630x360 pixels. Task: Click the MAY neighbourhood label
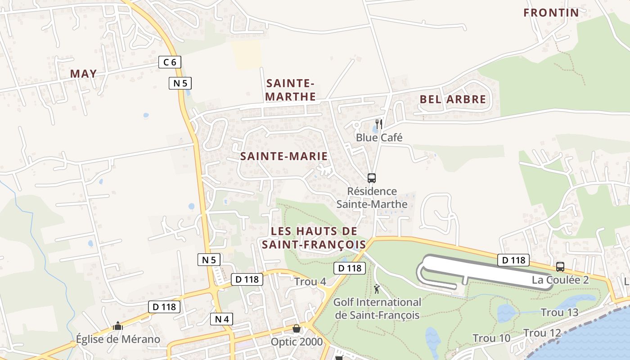84,74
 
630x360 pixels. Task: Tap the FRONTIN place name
551,13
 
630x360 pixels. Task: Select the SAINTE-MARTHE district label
290,90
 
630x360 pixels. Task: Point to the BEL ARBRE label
453,99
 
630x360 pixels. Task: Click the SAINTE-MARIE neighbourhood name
284,156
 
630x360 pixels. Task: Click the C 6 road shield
170,62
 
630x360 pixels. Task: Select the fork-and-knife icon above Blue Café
379,124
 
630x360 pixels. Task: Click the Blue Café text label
379,137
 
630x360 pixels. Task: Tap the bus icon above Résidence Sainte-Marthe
372,178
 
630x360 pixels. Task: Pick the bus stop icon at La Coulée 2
560,266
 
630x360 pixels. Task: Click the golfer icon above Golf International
377,289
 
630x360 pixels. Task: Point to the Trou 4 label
310,282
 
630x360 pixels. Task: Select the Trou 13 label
559,312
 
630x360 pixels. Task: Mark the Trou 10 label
491,338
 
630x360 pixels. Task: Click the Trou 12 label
542,333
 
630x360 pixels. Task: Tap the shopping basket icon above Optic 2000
297,328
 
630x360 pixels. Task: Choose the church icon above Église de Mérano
118,325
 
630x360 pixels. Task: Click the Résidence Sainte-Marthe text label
372,198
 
